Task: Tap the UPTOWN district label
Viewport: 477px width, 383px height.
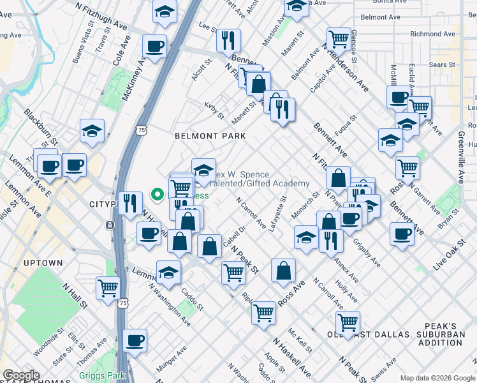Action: [x=43, y=263]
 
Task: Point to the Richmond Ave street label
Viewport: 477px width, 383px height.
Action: [x=433, y=34]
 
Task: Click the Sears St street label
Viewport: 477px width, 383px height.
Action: [x=441, y=65]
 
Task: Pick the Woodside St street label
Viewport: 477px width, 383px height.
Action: [x=48, y=343]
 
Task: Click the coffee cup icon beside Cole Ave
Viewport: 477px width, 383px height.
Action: [x=154, y=46]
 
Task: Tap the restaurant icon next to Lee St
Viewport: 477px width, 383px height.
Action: [x=228, y=40]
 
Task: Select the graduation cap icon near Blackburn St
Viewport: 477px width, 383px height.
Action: [x=92, y=131]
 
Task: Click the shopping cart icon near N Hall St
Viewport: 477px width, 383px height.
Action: [x=108, y=287]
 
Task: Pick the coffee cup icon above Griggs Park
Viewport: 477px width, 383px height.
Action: [x=135, y=340]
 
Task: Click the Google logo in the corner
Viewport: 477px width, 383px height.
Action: [x=22, y=375]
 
